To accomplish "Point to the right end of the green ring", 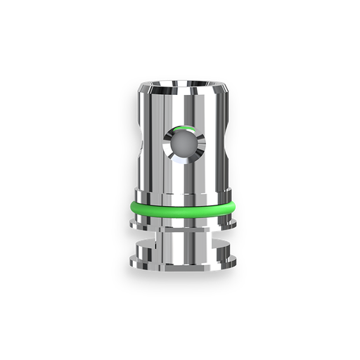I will click(233, 205).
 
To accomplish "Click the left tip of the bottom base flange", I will click(132, 259).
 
